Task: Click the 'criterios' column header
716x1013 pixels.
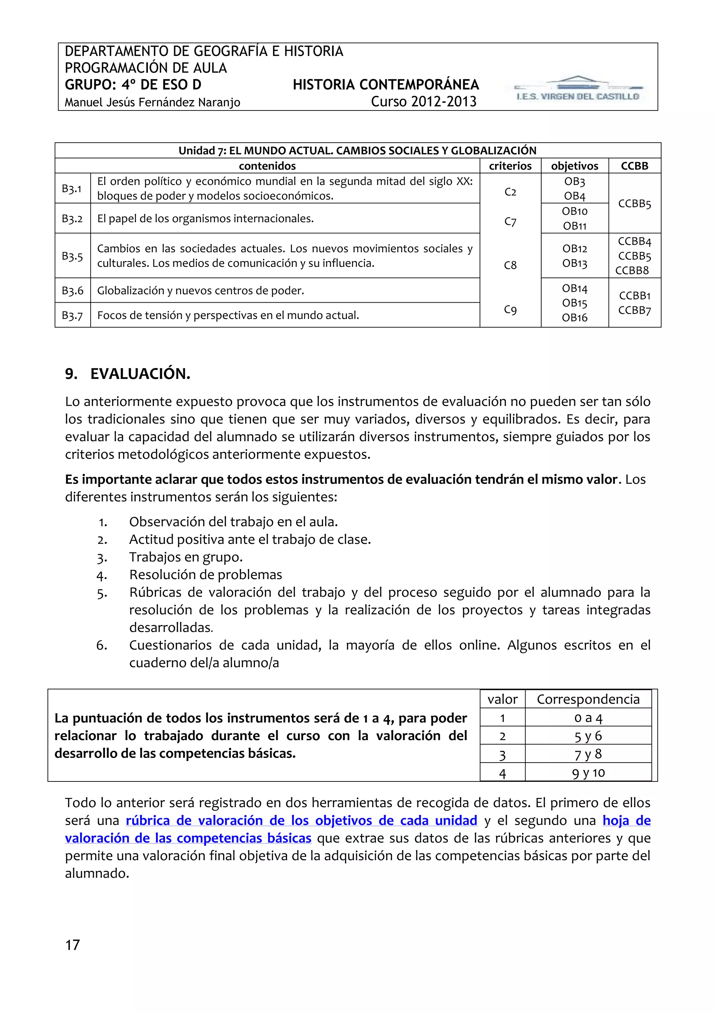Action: click(510, 166)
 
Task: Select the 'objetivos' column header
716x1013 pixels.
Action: click(574, 166)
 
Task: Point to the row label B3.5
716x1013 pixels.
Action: click(72, 256)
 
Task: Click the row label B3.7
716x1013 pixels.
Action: click(72, 316)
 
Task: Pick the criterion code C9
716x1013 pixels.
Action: click(510, 310)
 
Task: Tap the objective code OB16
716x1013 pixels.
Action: click(574, 318)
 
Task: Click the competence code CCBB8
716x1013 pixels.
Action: click(632, 270)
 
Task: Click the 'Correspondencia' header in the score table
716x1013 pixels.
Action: click(588, 699)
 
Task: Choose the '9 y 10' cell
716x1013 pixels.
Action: click(588, 773)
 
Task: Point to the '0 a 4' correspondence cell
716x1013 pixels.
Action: click(588, 718)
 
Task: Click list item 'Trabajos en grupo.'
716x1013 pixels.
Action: click(186, 557)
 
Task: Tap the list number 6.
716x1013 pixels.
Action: click(101, 645)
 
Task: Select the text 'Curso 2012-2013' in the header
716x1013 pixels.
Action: click(423, 101)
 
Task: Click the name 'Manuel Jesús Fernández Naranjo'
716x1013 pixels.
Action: click(152, 102)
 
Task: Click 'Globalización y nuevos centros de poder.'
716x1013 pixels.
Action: click(201, 290)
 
